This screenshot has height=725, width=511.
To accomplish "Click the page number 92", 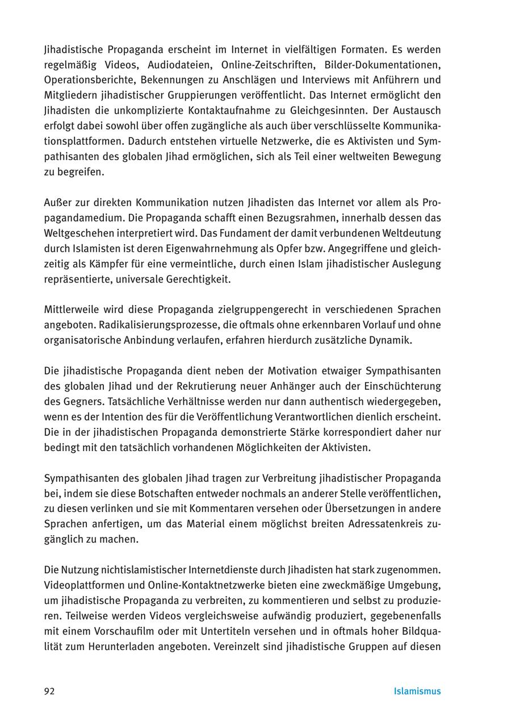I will (x=49, y=691).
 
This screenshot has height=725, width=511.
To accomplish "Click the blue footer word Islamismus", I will (x=417, y=691).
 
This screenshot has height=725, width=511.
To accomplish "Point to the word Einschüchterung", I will (x=401, y=386).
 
